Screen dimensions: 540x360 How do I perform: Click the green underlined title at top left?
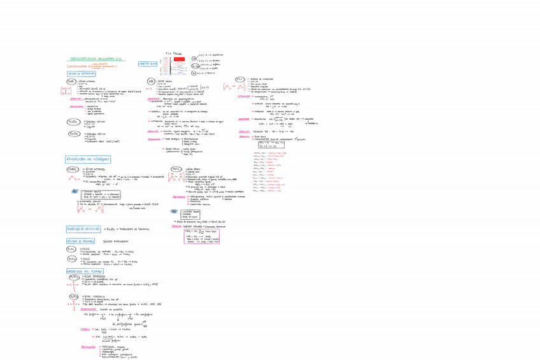(x=96, y=59)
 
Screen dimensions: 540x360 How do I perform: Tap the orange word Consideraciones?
(x=80, y=65)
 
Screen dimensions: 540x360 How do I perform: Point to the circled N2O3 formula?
(x=73, y=121)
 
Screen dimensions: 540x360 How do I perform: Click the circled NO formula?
(x=152, y=82)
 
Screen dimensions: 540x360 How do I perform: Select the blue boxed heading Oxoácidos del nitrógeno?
(x=88, y=159)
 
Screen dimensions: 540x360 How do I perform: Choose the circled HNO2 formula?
(x=73, y=169)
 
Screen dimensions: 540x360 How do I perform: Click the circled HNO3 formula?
(x=176, y=169)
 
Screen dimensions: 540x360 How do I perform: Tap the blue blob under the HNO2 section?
(x=75, y=191)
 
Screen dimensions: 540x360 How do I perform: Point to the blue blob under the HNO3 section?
(x=174, y=212)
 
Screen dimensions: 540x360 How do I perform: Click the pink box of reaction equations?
(x=201, y=236)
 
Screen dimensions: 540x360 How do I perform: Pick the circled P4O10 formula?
(x=72, y=259)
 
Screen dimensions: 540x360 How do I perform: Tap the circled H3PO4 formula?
(x=74, y=278)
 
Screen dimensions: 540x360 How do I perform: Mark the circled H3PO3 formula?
(x=74, y=296)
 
